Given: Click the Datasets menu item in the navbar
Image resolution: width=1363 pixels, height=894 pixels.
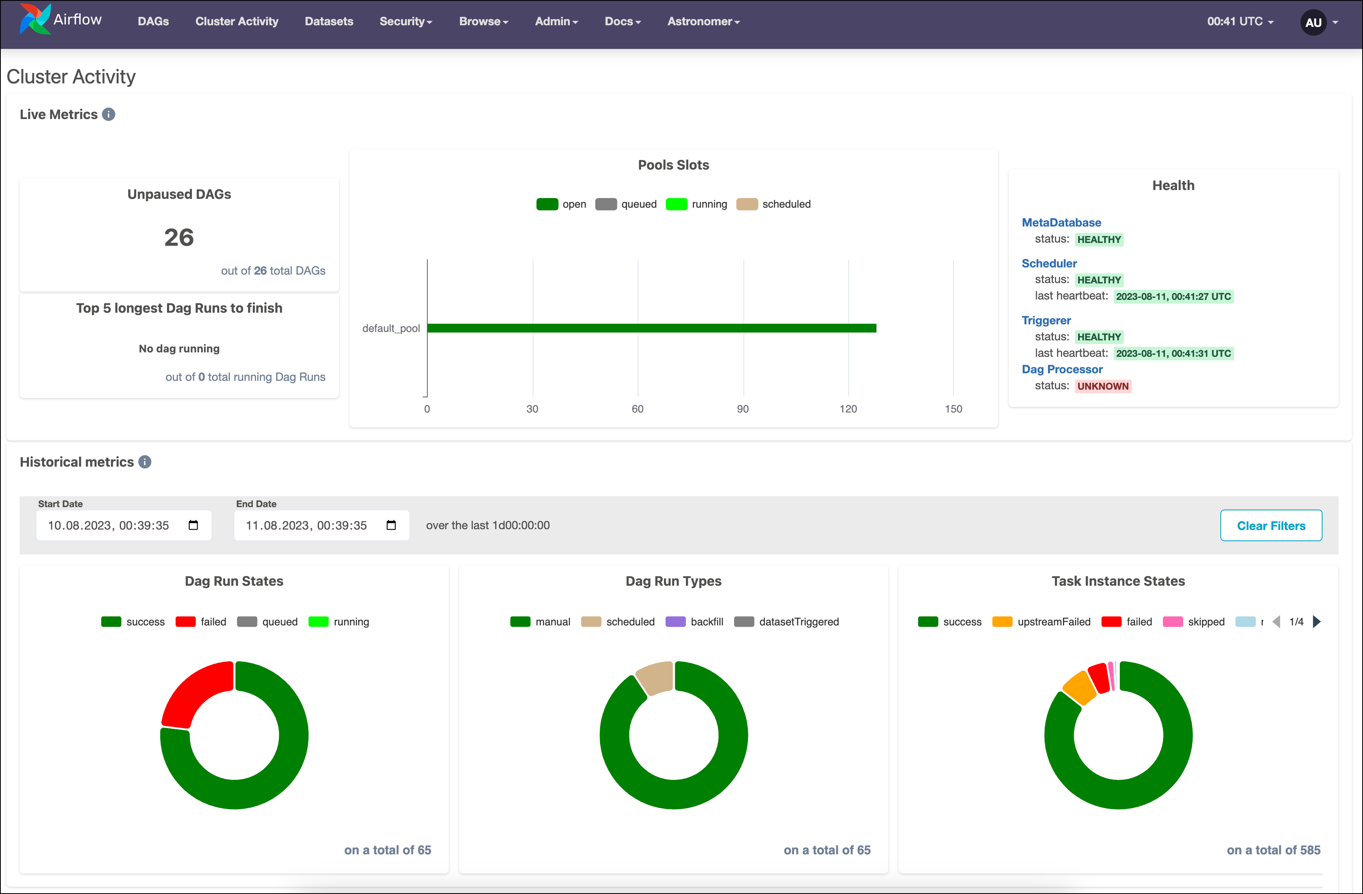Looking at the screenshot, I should [x=329, y=21].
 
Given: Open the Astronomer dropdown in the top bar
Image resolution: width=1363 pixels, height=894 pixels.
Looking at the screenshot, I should [x=703, y=21].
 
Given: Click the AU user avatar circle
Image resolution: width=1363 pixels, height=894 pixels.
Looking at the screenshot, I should [x=1313, y=22].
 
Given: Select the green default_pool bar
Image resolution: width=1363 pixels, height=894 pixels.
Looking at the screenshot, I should [x=651, y=328].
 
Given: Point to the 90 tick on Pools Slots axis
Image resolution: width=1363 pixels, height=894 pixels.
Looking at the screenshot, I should [x=742, y=409].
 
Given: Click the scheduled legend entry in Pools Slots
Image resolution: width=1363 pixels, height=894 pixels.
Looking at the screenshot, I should [x=773, y=204].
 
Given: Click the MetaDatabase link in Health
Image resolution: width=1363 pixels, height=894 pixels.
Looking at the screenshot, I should [x=1061, y=222].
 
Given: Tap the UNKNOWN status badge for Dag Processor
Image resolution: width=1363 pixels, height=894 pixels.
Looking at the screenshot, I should [x=1103, y=386].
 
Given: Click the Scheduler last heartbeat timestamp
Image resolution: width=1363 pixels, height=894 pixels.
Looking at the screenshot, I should [x=1173, y=296].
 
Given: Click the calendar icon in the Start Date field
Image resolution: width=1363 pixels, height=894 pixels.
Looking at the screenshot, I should [x=193, y=525].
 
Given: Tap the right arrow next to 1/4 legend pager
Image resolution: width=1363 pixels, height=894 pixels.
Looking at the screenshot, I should [x=1317, y=622].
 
